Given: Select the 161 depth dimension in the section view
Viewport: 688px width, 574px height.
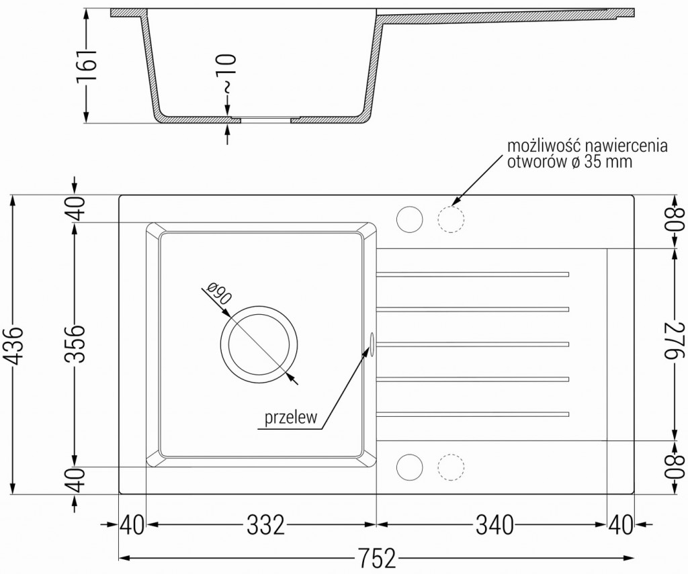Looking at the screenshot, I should [87, 66].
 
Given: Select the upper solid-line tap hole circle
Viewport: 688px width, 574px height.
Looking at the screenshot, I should [409, 220].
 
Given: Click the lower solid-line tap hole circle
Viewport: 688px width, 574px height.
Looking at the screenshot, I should [409, 467].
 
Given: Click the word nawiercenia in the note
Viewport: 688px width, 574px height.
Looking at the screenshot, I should [627, 146].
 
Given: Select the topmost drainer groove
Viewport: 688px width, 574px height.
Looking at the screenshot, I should [473, 274].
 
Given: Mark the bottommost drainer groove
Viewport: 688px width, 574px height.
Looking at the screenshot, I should [473, 412].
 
